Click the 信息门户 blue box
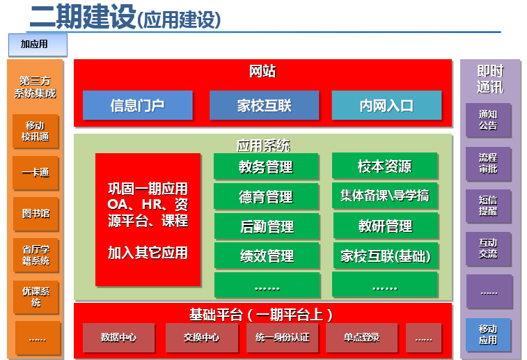tap(138, 105)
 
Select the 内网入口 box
tap(386, 105)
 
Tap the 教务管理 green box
tap(266, 166)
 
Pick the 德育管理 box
tap(266, 196)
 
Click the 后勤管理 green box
tap(267, 226)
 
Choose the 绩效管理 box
tap(267, 256)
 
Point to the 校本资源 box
tap(385, 166)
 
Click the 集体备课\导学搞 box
tap(385, 195)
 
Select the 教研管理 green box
tap(386, 225)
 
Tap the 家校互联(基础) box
tap(386, 255)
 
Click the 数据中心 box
tap(118, 338)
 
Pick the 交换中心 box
tap(202, 338)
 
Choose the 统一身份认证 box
tap(283, 338)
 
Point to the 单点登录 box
tap(361, 338)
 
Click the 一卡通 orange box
tap(36, 173)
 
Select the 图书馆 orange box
tap(36, 214)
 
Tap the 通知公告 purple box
tap(488, 120)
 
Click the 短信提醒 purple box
tap(488, 205)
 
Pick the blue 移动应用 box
tap(488, 335)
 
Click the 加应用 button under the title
tap(38, 45)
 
